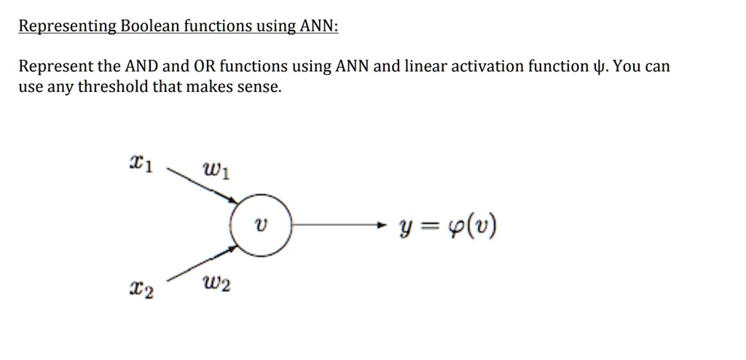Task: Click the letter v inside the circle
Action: (x=262, y=227)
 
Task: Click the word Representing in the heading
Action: (x=67, y=27)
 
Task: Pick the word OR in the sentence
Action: (x=203, y=67)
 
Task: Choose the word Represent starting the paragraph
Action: (x=55, y=67)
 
